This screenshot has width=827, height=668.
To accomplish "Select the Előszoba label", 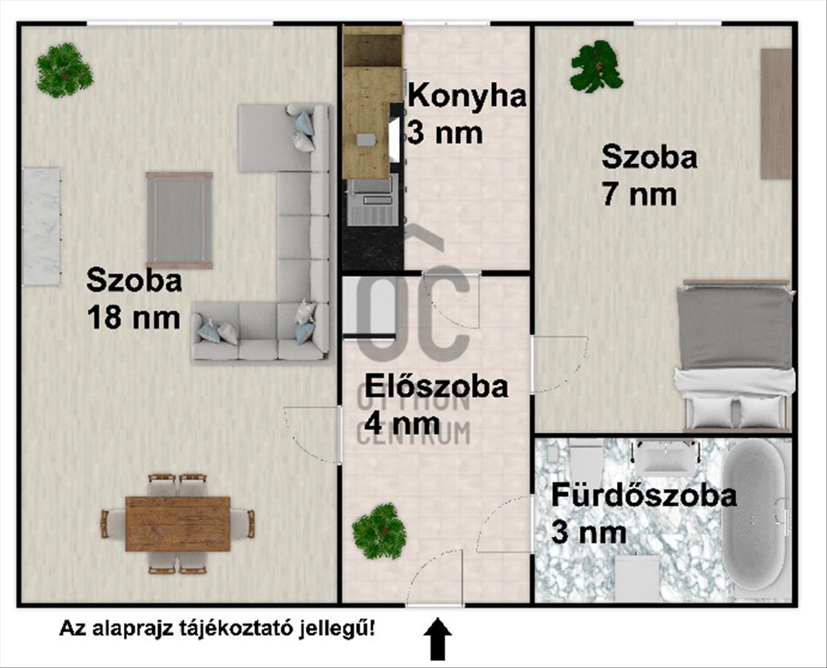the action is [436, 386].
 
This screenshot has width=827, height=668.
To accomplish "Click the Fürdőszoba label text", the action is [644, 496].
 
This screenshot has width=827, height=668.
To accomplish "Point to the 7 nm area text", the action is [640, 195].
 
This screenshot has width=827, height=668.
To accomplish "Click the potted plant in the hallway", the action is [379, 532].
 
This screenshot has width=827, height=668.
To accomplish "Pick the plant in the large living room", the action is [65, 70].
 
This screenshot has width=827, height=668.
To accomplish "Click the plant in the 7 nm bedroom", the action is [596, 67].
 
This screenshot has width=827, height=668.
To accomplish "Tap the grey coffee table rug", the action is [179, 220].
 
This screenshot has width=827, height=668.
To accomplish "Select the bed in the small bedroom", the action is [735, 355].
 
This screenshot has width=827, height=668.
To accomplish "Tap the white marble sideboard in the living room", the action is [42, 226].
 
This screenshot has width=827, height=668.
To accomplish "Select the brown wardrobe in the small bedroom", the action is [775, 114].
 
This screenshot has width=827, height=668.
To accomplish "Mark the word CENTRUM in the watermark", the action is [413, 433].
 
